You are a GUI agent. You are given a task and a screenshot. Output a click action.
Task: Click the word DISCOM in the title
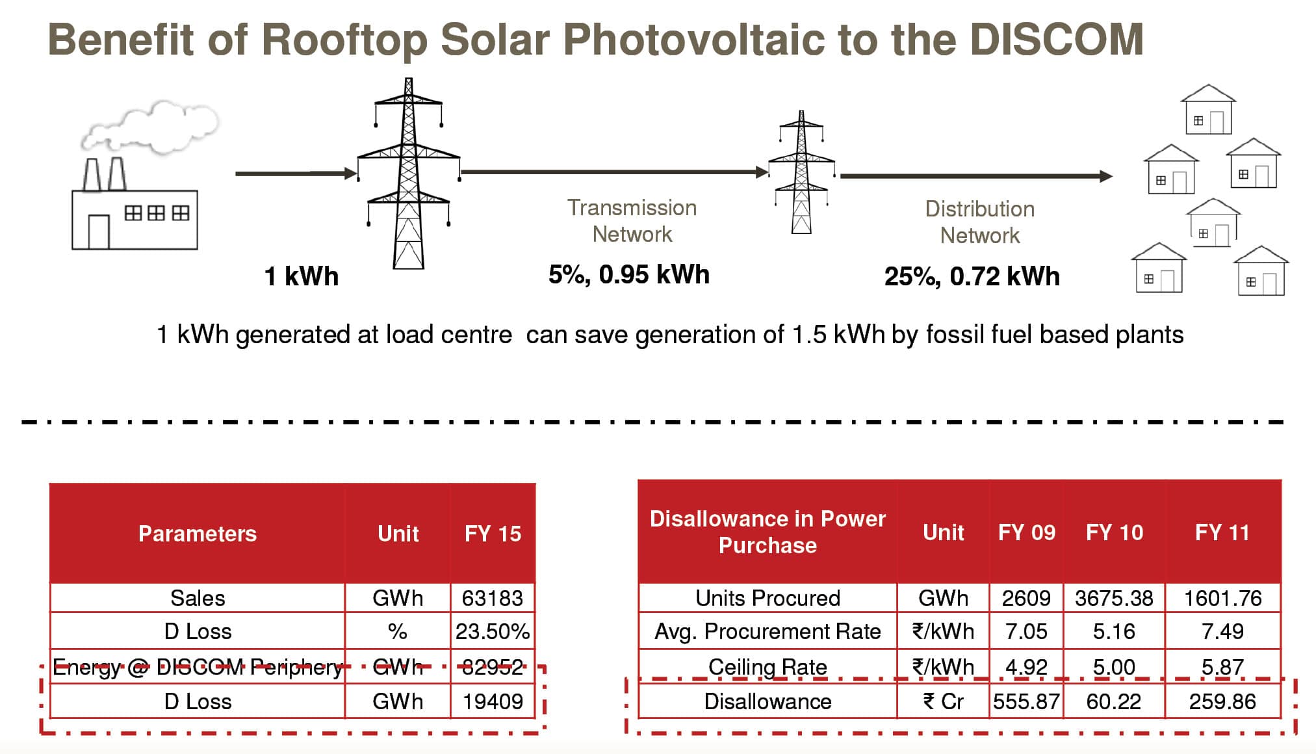[1056, 40]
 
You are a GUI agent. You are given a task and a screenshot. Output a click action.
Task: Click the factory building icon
[135, 218]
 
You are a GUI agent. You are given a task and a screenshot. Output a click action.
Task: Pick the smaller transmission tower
[801, 172]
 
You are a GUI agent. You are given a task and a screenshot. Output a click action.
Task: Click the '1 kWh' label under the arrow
[301, 276]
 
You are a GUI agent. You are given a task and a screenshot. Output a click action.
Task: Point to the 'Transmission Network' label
[632, 221]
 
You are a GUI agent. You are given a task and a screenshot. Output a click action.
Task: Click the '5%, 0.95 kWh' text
[628, 274]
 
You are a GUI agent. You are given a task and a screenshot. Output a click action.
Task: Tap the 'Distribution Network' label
[979, 222]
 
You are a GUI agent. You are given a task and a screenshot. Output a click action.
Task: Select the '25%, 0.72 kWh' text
[972, 276]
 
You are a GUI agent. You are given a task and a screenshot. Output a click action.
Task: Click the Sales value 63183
[492, 598]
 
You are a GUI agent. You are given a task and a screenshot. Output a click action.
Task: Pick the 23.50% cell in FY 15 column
[492, 631]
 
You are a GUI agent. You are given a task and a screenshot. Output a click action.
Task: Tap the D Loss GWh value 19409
[492, 701]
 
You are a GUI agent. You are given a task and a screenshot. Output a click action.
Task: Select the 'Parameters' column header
[197, 534]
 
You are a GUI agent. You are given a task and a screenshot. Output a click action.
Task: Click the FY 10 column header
[1114, 532]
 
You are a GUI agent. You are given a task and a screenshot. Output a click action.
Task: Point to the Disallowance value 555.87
[1026, 701]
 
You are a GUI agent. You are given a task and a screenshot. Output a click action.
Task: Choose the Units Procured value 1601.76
[1222, 598]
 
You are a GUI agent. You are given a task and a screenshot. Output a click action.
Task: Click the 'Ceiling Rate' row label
[768, 667]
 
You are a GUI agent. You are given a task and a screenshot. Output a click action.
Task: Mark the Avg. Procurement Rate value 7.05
[1026, 631]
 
